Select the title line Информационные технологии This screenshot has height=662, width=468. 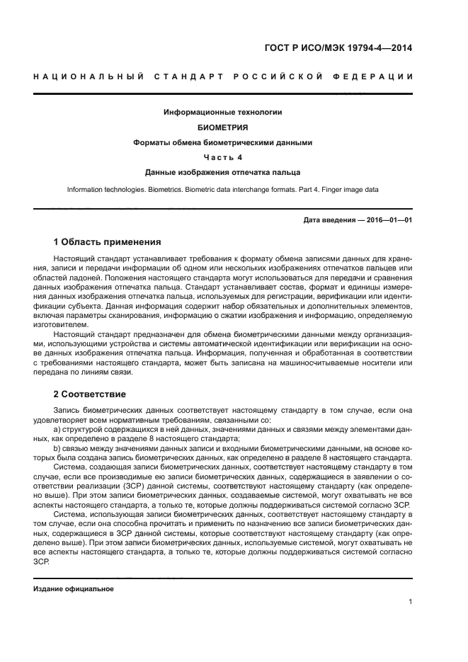tap(223, 113)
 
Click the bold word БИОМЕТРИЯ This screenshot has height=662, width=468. tap(223, 127)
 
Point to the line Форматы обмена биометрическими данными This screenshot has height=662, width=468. tap(223, 142)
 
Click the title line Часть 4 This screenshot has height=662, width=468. tap(223, 157)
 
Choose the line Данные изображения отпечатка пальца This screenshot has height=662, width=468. tap(223, 172)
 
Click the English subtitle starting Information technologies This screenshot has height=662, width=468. tap(223, 190)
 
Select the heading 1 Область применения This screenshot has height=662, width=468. tap(107, 241)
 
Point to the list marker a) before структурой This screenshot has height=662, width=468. tap(57, 429)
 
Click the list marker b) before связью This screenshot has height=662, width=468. tap(57, 447)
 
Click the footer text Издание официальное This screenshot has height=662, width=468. tap(73, 589)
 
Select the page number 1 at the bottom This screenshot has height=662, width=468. tap(411, 603)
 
